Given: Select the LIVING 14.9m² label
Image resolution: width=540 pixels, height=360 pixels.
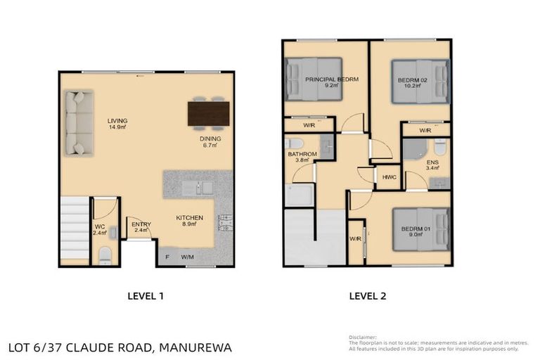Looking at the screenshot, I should click(x=117, y=124).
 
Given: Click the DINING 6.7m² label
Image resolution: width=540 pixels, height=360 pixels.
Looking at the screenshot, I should click(x=210, y=143).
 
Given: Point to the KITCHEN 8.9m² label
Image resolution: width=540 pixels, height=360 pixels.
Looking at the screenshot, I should click(x=189, y=221).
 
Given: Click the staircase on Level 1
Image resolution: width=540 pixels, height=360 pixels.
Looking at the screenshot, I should click(x=75, y=228).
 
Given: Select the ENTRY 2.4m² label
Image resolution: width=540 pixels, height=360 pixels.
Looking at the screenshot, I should click(x=141, y=228).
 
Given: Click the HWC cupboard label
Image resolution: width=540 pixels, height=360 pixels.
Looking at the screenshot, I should click(x=389, y=177).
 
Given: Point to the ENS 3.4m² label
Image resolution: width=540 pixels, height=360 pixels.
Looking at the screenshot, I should click(x=432, y=166).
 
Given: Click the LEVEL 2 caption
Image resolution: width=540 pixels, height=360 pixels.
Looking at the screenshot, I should click(x=367, y=296).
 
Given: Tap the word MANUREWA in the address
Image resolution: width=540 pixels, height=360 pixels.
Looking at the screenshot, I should click(x=195, y=347).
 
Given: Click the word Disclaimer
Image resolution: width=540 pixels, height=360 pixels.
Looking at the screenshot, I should click(x=362, y=337).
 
